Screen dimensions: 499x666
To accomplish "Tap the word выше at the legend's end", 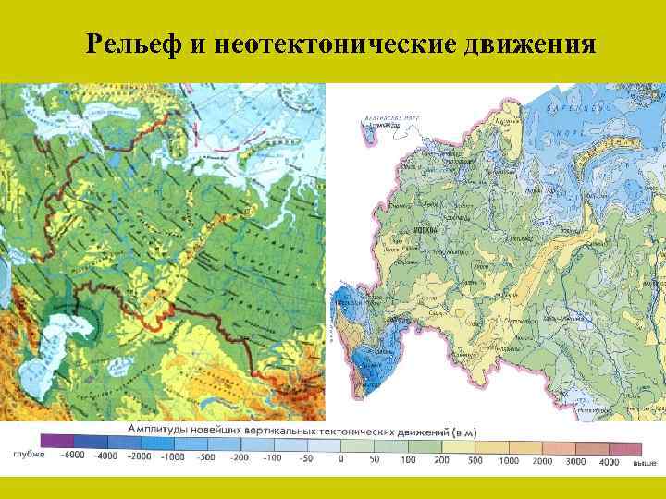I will [645, 459].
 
